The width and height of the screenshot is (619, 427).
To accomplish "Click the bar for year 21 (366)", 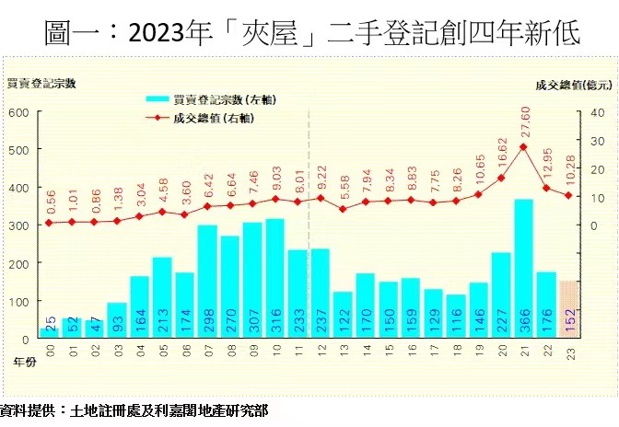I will pyautogui.click(x=523, y=268).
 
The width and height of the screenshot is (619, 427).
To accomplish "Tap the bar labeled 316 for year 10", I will pyautogui.click(x=274, y=278).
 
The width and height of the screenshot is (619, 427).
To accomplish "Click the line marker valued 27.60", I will pyautogui.click(x=523, y=147).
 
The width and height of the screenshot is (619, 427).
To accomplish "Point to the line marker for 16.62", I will pyautogui.click(x=501, y=178).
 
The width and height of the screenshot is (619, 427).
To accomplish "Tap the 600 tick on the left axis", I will pyautogui.click(x=18, y=112).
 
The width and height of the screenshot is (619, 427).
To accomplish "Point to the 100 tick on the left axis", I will pyautogui.click(x=18, y=301).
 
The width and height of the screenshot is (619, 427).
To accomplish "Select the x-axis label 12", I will pyautogui.click(x=320, y=351).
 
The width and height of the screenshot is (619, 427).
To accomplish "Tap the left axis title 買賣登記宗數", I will pyautogui.click(x=41, y=83).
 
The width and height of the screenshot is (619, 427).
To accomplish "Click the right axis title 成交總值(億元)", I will pyautogui.click(x=572, y=85).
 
